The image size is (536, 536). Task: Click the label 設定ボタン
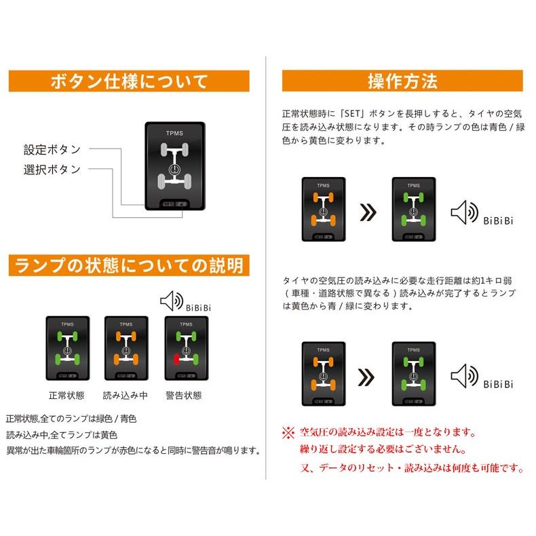tap(52, 149)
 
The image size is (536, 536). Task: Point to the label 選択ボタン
tap(52, 169)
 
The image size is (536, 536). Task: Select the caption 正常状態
tap(67, 395)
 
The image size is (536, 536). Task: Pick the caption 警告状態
tap(184, 395)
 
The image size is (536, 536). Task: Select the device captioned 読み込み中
tap(126, 348)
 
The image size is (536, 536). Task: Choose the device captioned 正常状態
tap(67, 348)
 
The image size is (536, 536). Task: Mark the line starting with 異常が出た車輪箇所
tap(133, 450)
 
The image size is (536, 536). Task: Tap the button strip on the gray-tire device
tap(174, 203)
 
